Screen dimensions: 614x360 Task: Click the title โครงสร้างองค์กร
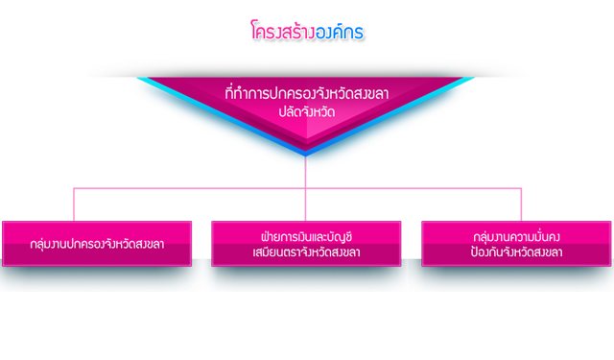click(307, 31)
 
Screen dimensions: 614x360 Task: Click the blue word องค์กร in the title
click(339, 31)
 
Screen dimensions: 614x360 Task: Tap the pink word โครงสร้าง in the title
click(283, 31)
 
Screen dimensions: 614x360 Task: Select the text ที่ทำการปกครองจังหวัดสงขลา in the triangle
click(307, 93)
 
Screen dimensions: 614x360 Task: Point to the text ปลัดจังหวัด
click(307, 112)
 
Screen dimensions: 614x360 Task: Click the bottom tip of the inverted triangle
click(305, 156)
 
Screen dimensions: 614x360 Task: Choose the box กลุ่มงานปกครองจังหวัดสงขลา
click(97, 244)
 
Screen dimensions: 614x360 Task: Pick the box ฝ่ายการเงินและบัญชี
click(306, 244)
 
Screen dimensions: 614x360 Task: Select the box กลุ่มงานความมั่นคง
click(516, 244)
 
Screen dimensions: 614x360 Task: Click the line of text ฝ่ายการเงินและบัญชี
click(306, 236)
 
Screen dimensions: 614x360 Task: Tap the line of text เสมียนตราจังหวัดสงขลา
click(306, 252)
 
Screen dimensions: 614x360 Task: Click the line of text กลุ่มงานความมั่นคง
click(516, 236)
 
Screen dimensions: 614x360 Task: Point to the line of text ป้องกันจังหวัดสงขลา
click(516, 252)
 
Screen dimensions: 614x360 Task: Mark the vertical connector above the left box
click(74, 204)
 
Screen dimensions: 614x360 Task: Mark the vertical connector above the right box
click(521, 204)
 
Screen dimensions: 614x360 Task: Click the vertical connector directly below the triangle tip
click(305, 173)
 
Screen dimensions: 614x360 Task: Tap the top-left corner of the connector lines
click(74, 188)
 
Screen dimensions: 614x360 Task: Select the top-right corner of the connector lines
click(521, 188)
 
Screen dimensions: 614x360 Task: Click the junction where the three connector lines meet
click(305, 188)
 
